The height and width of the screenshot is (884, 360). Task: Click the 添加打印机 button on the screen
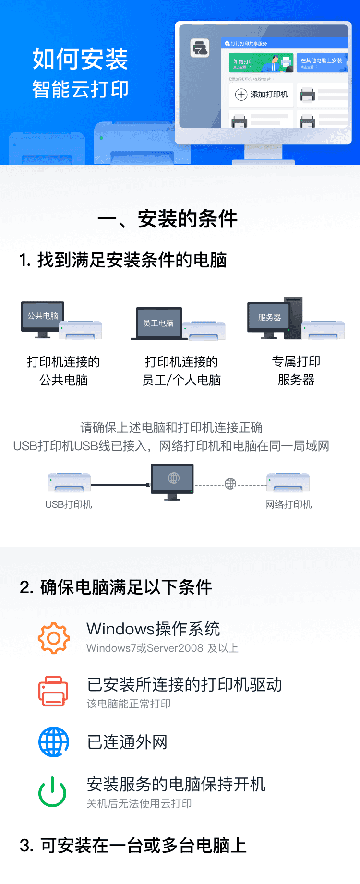[x=261, y=95]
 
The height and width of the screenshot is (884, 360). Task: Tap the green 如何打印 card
[x=261, y=63]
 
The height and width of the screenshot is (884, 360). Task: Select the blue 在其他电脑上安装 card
[x=322, y=63]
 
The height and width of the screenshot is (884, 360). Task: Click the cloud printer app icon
[x=200, y=48]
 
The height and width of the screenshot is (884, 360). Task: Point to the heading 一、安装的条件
[x=167, y=219]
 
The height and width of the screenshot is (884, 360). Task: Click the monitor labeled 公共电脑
[x=43, y=317]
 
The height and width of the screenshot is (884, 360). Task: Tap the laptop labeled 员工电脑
[x=158, y=323]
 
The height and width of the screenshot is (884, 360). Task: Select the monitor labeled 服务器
[x=269, y=317]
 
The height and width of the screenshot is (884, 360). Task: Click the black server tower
[x=294, y=317]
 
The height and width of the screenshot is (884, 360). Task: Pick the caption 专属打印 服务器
[x=296, y=370]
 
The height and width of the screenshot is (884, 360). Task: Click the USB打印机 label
[x=69, y=504]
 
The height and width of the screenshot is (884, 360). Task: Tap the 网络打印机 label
[x=288, y=504]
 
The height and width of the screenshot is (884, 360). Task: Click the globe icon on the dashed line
[x=230, y=484]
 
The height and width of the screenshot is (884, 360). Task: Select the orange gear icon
[x=54, y=638]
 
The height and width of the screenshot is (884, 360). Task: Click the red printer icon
[x=53, y=691]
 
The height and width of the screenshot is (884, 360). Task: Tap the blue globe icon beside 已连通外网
[x=54, y=741]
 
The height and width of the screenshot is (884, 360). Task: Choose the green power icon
[x=52, y=792]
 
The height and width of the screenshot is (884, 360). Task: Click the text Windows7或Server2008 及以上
[x=162, y=648]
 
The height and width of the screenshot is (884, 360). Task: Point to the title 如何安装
[x=80, y=59]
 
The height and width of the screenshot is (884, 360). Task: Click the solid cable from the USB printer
[x=120, y=485]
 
